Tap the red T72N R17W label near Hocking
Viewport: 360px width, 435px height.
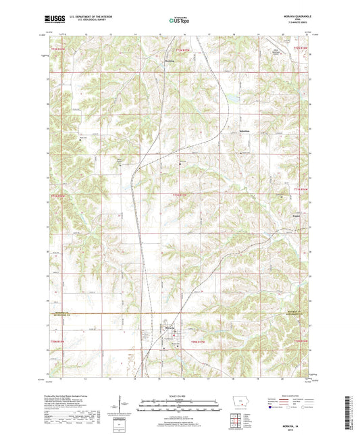[x=178, y=49]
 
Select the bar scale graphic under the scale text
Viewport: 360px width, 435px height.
[x=180, y=407]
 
